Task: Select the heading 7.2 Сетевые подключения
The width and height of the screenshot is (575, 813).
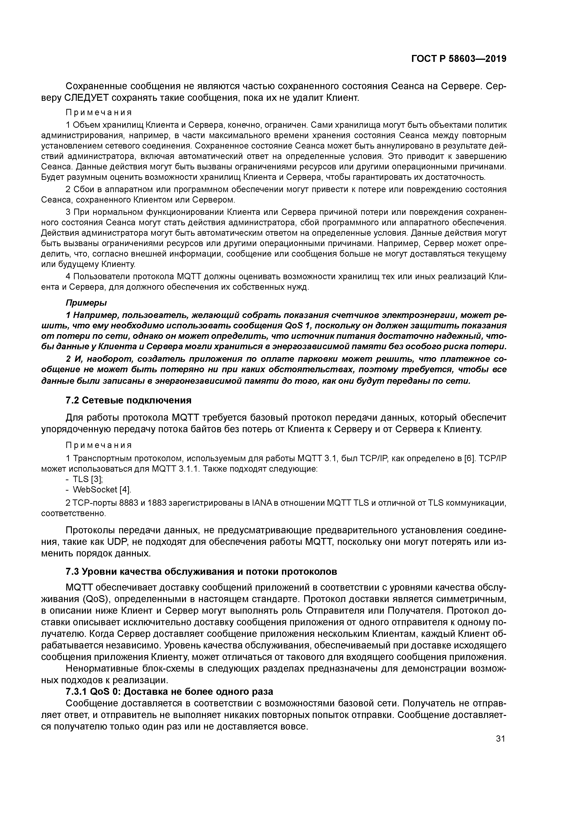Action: point(129,400)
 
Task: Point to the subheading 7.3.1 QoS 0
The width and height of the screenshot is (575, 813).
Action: point(169,692)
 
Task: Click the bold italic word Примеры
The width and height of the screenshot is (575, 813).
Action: point(86,303)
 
